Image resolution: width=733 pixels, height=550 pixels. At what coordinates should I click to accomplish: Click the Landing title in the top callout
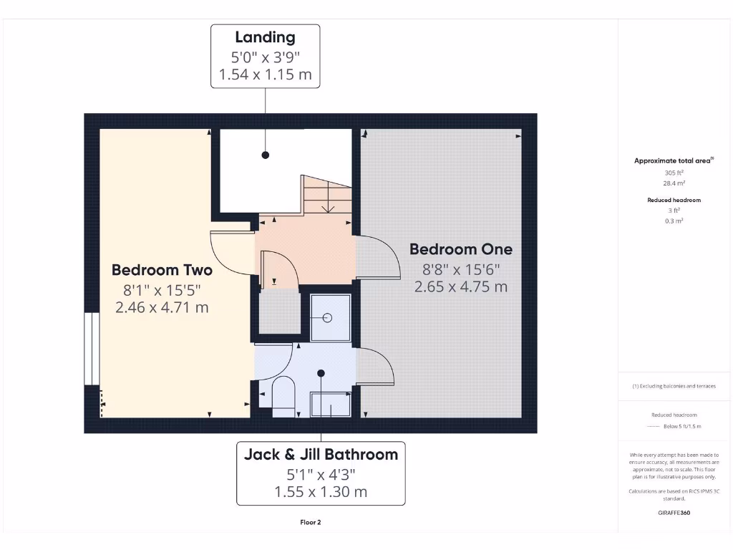[x=265, y=37]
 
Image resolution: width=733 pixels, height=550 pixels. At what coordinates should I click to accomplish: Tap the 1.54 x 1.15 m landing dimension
[x=265, y=74]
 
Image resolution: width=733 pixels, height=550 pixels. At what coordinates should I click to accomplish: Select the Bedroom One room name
[x=460, y=249]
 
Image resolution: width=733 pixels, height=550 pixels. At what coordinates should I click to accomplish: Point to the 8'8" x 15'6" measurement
[x=460, y=269]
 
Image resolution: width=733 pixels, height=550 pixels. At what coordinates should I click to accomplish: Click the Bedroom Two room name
[x=162, y=270]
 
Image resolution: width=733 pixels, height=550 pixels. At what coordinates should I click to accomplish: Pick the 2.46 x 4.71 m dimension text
[x=162, y=307]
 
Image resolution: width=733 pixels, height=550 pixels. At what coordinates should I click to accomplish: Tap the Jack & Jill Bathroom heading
[x=321, y=454]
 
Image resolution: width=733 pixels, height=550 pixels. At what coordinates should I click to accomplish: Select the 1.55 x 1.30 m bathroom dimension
[x=321, y=491]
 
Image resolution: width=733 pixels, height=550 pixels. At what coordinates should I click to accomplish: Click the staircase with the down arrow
[x=327, y=195]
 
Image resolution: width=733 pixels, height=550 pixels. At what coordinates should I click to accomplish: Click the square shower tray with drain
[x=330, y=317]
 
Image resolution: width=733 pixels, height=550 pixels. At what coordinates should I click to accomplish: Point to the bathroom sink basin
[x=330, y=405]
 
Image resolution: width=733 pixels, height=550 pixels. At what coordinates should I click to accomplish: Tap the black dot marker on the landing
[x=265, y=155]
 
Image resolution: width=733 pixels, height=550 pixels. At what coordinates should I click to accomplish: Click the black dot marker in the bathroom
[x=321, y=373]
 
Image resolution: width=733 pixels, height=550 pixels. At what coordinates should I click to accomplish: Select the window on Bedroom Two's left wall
[x=92, y=349]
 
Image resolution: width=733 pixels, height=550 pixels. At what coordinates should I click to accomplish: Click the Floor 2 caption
[x=311, y=523]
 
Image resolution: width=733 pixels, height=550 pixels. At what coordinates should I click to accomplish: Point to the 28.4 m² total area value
[x=673, y=183]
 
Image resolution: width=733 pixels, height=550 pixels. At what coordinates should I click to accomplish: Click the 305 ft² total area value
[x=673, y=173]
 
